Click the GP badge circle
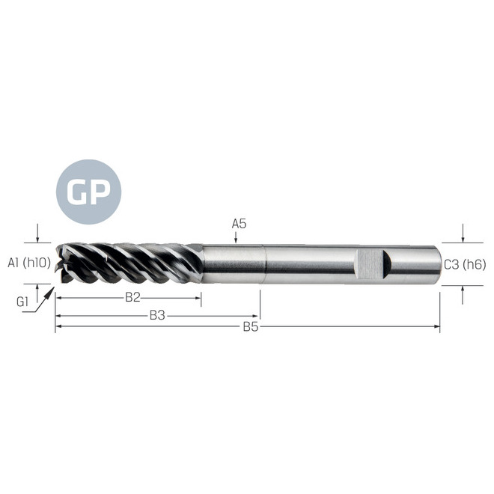tap(88, 192)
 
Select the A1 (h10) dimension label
tap(28, 263)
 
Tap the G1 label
tap(22, 302)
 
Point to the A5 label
tap(239, 223)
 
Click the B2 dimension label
tap(132, 297)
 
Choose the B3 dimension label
tap(156, 315)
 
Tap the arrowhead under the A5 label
tap(236, 239)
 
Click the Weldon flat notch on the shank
tap(371, 263)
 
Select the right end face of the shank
tap(438, 263)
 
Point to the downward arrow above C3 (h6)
tap(463, 238)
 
